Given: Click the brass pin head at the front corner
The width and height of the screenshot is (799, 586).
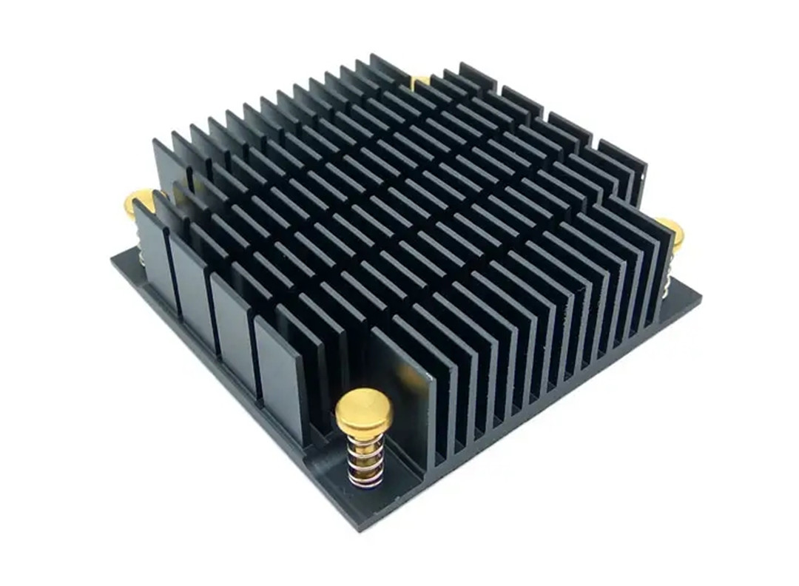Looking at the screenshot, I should click(363, 410).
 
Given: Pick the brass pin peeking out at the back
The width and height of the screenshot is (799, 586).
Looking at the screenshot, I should click(420, 80).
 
